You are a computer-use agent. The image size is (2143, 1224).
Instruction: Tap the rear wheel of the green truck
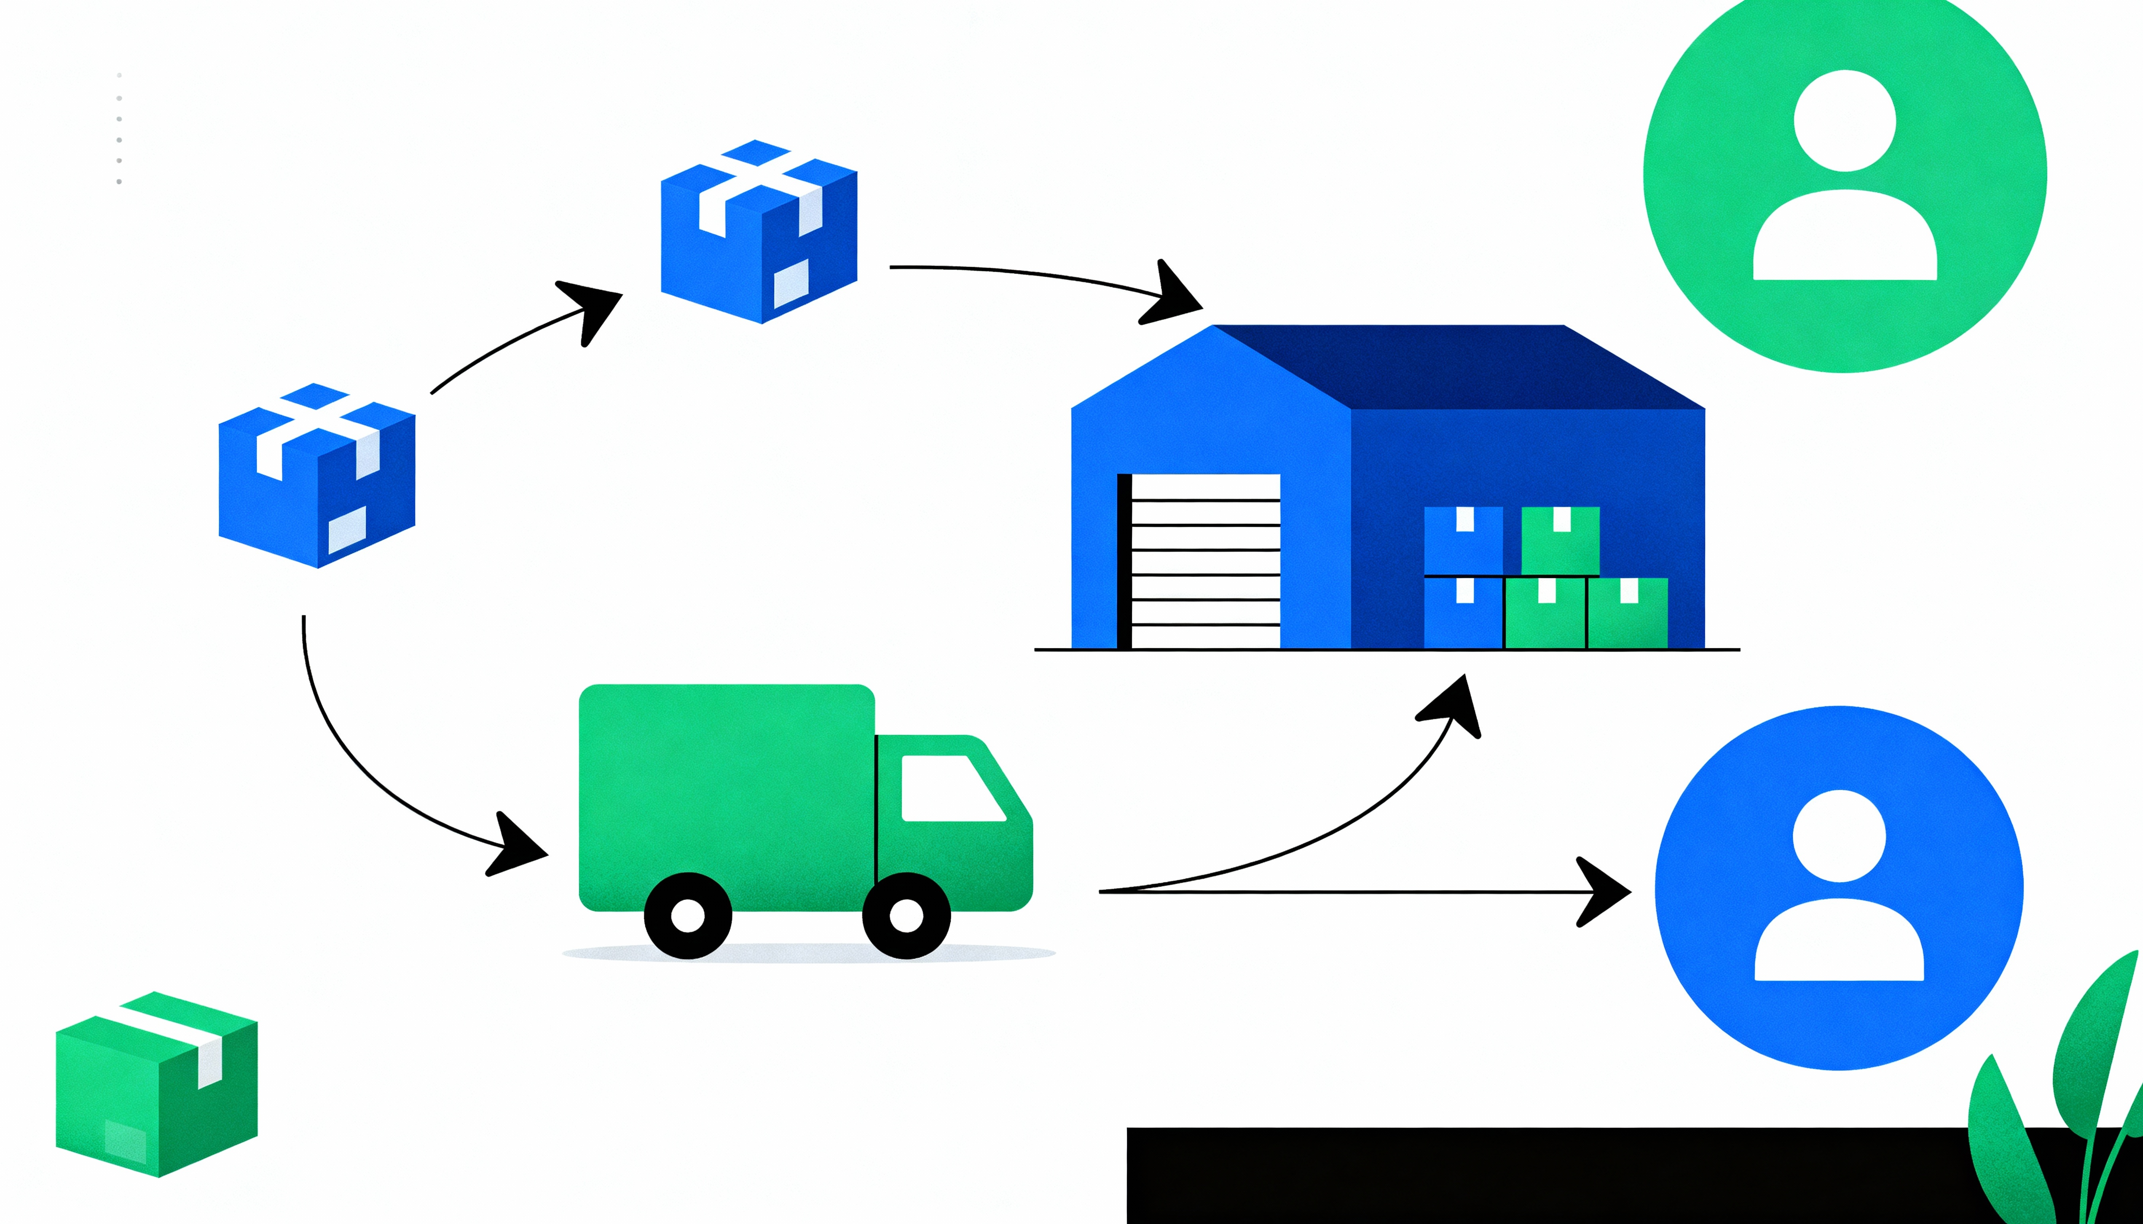tap(688, 916)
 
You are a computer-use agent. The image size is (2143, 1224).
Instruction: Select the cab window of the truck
tap(950, 788)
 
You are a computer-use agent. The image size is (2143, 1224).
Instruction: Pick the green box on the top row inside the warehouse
tap(1560, 541)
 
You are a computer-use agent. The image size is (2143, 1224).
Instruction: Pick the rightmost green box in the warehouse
tap(1628, 613)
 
